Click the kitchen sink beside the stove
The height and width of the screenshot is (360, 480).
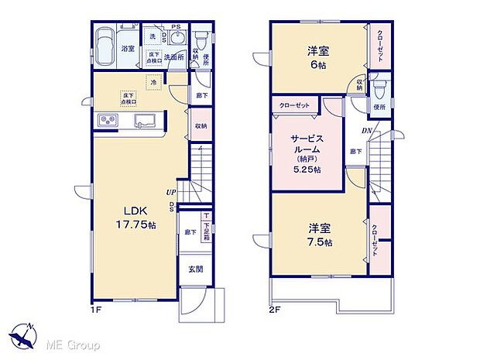click(x=146, y=121)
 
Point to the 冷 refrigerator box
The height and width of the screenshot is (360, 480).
click(x=154, y=81)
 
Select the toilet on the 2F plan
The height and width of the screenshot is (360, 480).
click(x=377, y=87)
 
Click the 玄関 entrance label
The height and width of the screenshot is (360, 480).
click(x=195, y=269)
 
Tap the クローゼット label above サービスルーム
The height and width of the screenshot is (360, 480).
click(x=292, y=106)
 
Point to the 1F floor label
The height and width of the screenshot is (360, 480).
click(x=93, y=312)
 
